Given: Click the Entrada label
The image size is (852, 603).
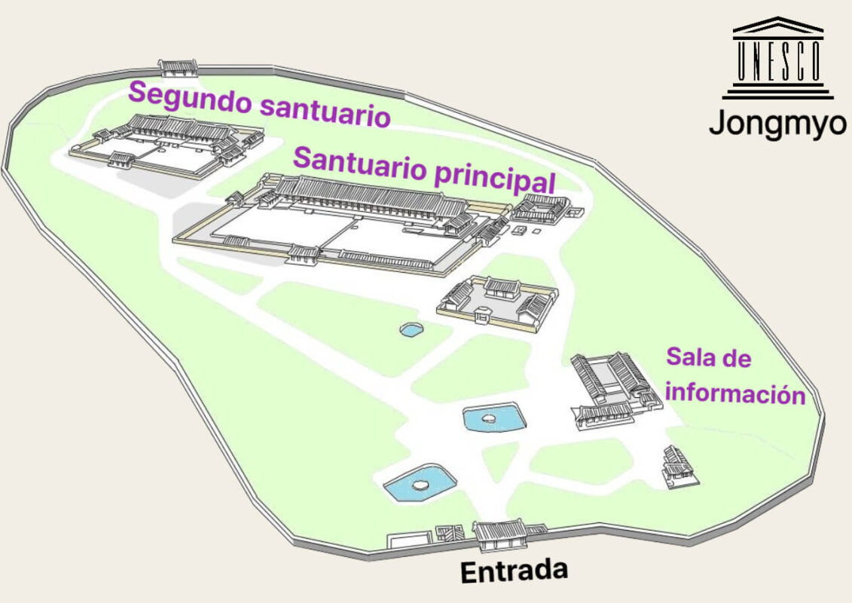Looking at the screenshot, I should [x=513, y=570].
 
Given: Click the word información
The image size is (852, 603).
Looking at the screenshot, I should [x=736, y=393].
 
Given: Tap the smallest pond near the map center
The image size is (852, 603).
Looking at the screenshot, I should [x=411, y=329].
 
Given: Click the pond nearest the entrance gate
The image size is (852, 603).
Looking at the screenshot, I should [x=419, y=482].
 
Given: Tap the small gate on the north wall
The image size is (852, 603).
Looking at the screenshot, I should [x=178, y=68].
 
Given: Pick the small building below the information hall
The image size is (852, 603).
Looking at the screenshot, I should [x=676, y=467].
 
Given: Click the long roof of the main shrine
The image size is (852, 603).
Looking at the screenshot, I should [x=369, y=195].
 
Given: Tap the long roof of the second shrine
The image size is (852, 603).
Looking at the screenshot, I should [x=178, y=127].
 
